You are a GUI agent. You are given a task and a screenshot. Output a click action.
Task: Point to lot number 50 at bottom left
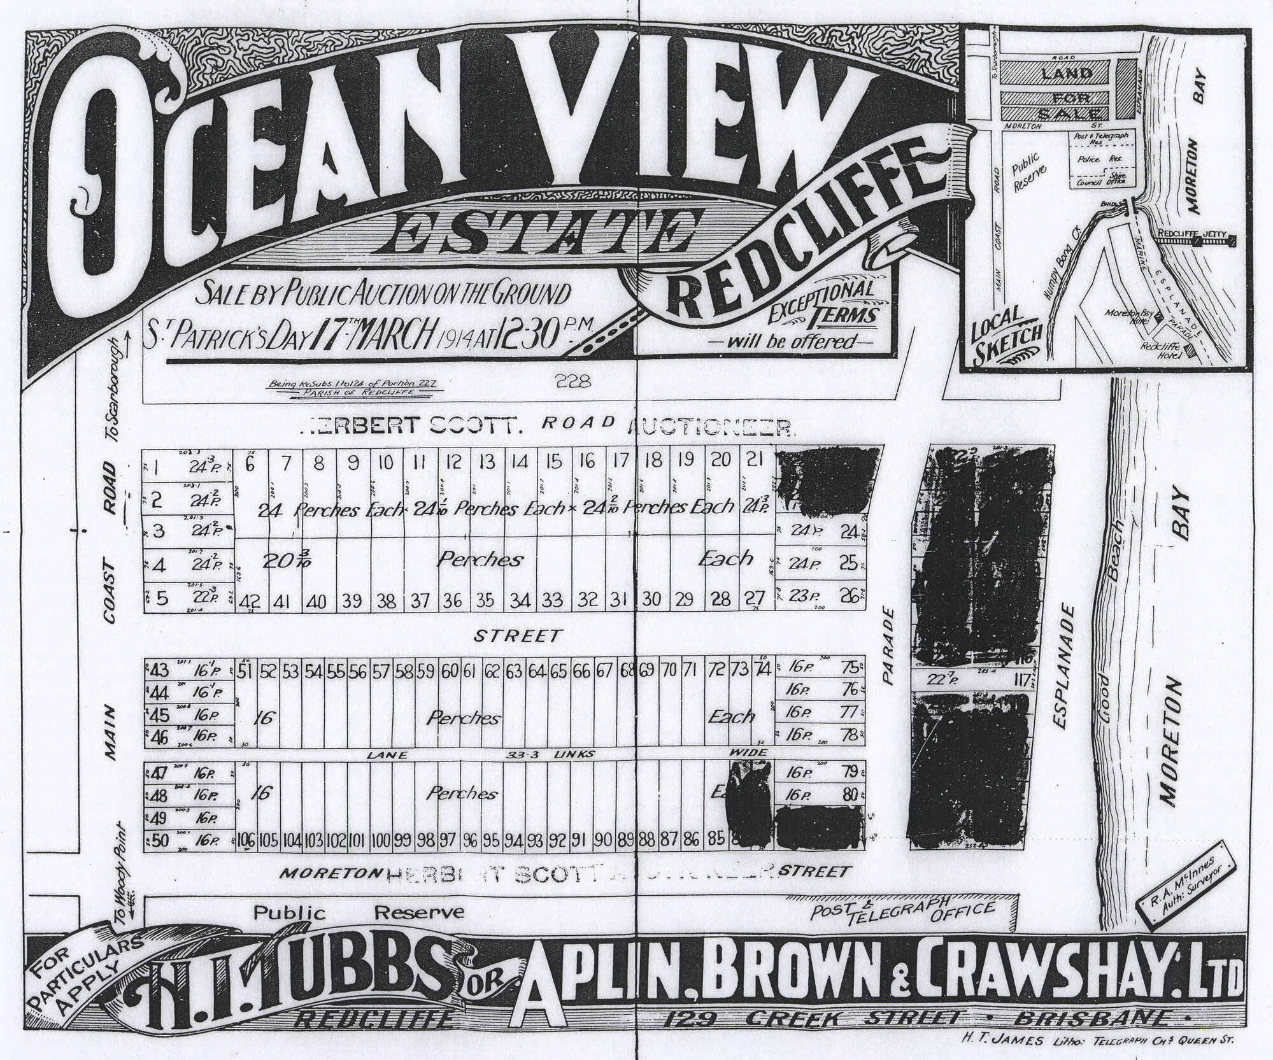[159, 840]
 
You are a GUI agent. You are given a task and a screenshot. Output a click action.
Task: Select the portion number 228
[574, 383]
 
